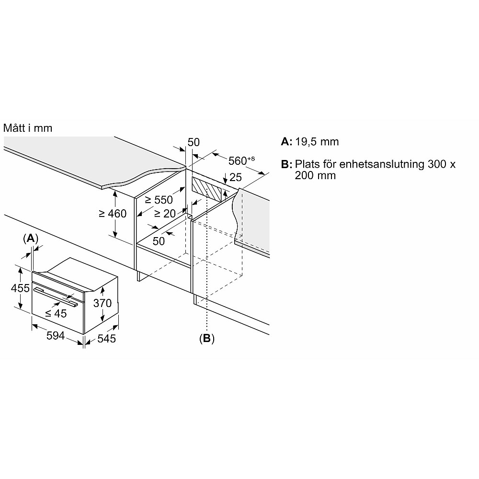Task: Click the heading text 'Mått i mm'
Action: (28, 128)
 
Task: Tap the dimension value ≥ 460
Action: (113, 214)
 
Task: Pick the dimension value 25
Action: (235, 178)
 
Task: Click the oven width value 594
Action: (55, 336)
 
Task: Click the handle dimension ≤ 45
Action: (56, 313)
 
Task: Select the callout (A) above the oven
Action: (30, 238)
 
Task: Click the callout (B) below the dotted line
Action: (206, 338)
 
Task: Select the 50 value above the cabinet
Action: (194, 142)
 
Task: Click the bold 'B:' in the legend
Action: (286, 164)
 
